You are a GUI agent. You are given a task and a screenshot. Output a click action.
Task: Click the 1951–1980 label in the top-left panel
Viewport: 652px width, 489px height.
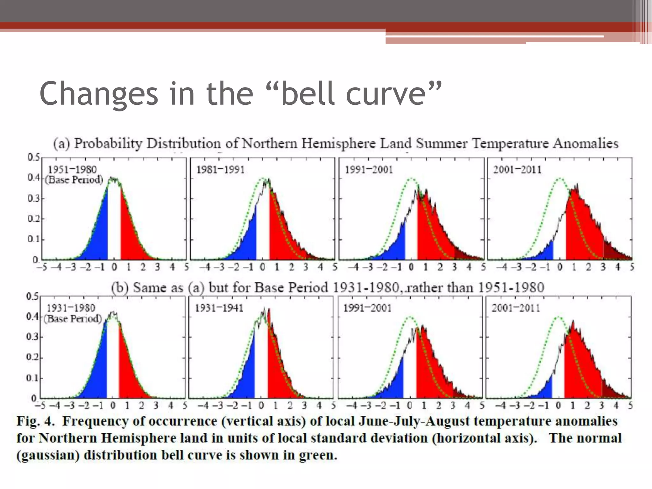click(72, 169)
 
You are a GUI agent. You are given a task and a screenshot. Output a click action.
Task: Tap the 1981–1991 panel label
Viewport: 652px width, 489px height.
click(220, 169)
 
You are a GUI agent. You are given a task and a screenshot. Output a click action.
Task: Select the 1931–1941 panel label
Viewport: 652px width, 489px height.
click(219, 308)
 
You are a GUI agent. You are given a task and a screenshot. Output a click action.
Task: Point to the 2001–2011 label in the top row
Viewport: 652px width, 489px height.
click(517, 169)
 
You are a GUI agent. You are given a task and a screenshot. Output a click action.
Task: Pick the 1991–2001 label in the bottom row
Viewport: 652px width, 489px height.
click(367, 308)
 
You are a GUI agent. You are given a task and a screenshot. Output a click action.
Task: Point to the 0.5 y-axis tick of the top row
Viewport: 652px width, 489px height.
click(33, 157)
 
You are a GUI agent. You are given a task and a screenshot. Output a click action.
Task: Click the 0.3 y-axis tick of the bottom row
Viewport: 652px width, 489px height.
click(32, 337)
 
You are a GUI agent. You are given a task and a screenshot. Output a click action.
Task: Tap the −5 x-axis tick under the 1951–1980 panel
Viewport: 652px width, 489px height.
click(42, 267)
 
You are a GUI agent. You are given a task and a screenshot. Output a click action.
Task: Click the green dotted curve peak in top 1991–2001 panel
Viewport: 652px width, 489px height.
click(411, 179)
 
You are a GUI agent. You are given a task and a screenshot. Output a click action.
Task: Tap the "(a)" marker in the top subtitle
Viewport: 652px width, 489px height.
click(61, 144)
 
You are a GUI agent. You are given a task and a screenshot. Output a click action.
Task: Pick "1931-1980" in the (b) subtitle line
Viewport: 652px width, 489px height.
click(365, 288)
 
